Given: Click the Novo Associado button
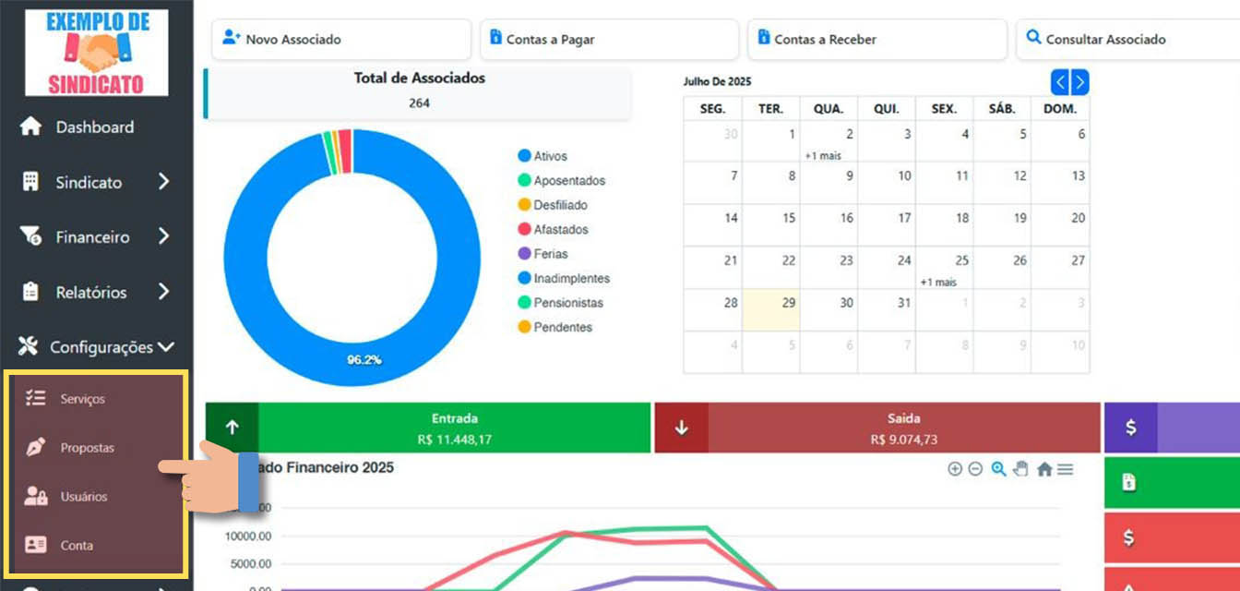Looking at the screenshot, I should tap(340, 40).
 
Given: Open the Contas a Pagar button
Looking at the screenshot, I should tap(609, 40).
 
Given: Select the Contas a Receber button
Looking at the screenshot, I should tap(876, 40).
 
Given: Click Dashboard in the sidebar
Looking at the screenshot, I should tap(94, 127).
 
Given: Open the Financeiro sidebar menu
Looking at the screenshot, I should tap(92, 237).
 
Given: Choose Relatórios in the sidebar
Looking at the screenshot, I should tap(90, 293).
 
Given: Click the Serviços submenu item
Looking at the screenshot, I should tap(82, 399).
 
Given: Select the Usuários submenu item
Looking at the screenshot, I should tap(83, 497).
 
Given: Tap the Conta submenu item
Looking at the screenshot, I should tap(77, 546).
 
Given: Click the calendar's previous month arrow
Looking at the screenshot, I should tap(1061, 82).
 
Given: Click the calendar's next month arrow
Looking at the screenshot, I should tap(1079, 82).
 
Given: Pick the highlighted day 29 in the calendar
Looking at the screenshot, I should tap(788, 303).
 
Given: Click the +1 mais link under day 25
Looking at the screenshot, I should tap(938, 282).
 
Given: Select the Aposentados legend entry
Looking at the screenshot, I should tap(568, 181).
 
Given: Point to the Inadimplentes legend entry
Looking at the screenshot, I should tap(571, 279).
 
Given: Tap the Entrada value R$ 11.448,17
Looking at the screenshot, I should tap(454, 440).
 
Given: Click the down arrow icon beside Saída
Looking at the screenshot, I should tap(681, 428).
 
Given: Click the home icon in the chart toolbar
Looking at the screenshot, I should tap(1044, 469).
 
